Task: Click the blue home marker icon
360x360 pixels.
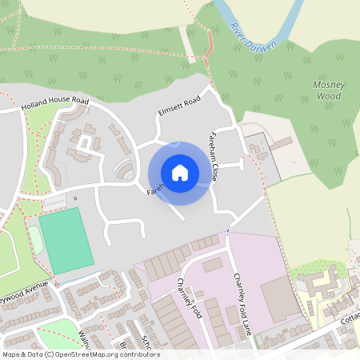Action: coord(180,173)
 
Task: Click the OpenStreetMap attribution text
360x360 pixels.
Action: coord(80,354)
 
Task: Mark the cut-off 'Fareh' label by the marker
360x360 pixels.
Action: coord(155,189)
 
